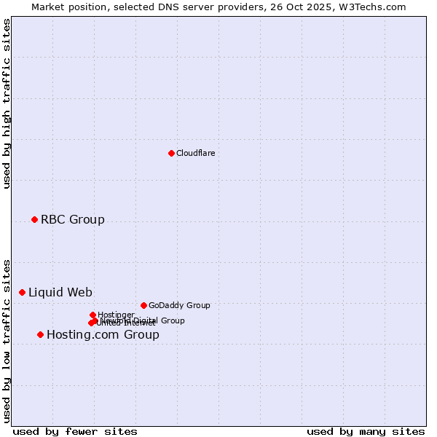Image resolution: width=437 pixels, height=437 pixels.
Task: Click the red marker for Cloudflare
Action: tap(171, 153)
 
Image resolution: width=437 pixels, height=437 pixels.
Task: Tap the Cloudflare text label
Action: tap(195, 153)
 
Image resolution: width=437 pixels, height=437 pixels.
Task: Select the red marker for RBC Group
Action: tap(34, 219)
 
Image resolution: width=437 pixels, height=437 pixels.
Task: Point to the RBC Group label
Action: tap(72, 219)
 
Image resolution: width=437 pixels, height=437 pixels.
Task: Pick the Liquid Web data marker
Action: tap(22, 292)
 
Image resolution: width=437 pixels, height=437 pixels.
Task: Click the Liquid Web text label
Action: tap(60, 292)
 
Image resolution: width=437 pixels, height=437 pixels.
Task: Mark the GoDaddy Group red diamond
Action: tap(143, 305)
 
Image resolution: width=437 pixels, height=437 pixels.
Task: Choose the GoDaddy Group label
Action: tap(178, 305)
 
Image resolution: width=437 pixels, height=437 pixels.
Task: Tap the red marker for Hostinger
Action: tap(92, 315)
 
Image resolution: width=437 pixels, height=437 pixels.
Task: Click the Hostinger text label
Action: tap(116, 315)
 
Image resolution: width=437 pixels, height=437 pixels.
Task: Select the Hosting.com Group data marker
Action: tap(40, 334)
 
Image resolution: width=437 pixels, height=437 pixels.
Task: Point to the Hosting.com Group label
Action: tap(103, 334)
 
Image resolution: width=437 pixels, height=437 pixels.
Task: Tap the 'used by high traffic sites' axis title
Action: tap(7, 103)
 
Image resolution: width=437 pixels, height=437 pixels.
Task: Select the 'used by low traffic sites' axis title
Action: tap(7, 340)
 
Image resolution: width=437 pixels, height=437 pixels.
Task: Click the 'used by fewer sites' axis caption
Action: tap(75, 431)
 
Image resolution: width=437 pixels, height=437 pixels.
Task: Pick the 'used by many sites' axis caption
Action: tap(366, 431)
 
